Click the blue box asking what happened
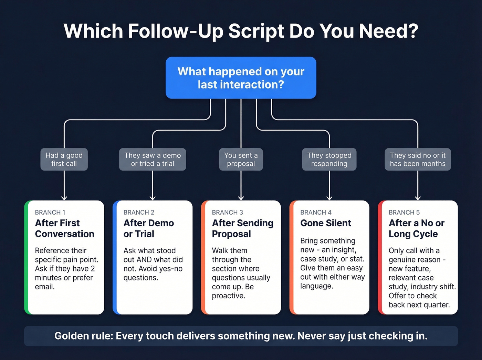coord(241,78)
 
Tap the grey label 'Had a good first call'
coord(64,160)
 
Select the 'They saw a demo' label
coord(153,160)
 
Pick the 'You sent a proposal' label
coord(241,160)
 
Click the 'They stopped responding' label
coord(329,160)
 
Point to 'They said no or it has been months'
coord(418,160)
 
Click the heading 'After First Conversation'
coord(64,228)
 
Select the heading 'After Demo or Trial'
coord(148,228)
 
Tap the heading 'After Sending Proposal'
coord(242,228)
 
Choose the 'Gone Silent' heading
coord(326,223)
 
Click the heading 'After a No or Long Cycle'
coord(416,228)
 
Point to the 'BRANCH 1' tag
coord(50,212)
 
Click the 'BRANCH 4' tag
coord(316,212)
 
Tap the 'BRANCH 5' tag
coord(404,212)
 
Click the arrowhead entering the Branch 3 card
coord(241,198)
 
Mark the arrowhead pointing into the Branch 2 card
coord(153,198)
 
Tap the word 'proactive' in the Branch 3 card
coord(228,296)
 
